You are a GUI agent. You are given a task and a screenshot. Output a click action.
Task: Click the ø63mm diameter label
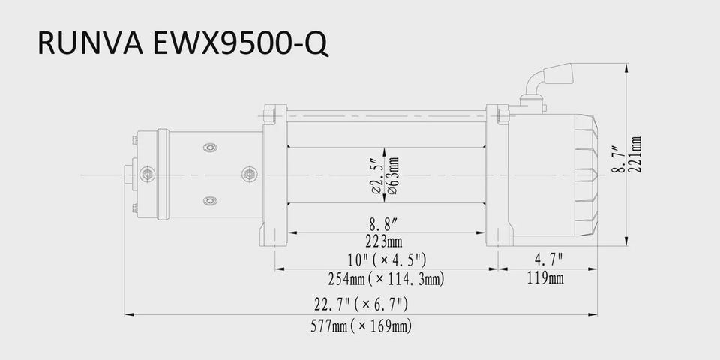(394, 175)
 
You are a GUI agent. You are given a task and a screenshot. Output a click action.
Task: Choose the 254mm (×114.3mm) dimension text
(385, 279)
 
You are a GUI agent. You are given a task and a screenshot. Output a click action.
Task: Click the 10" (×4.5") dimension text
(387, 260)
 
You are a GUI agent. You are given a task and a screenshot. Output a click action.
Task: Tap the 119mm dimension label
(545, 277)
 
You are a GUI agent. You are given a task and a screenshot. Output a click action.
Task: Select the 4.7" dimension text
(548, 260)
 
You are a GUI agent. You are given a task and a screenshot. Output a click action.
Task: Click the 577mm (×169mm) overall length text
(361, 326)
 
